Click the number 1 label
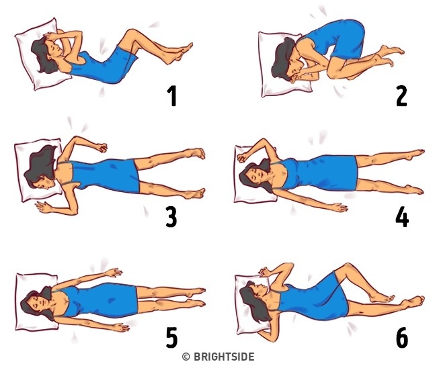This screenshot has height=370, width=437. tap(173, 95)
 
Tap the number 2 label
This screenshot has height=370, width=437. tap(401, 95)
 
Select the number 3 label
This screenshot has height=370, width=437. tap(171, 217)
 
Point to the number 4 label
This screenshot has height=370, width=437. tap(402, 217)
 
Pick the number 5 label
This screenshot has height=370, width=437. tap(171, 337)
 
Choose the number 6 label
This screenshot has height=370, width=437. tap(402, 337)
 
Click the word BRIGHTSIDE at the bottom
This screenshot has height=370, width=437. tap(224, 357)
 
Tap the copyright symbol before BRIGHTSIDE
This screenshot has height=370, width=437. tap(186, 357)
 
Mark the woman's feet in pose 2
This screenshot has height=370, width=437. tap(390, 55)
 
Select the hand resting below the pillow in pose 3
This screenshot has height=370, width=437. tap(43, 206)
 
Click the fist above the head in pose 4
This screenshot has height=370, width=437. tap(242, 157)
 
